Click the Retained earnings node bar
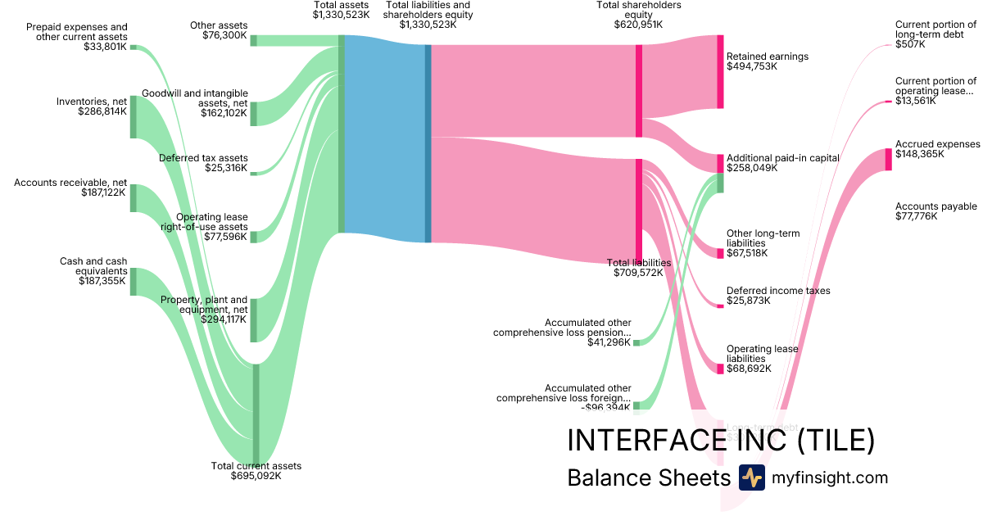(x=720, y=71)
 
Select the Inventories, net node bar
(x=133, y=116)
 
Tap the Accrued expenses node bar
(x=888, y=159)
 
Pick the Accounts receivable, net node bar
(x=133, y=198)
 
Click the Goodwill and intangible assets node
(x=253, y=114)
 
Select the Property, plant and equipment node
(x=253, y=319)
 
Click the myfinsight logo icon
(x=751, y=478)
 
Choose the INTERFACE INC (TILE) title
(x=721, y=441)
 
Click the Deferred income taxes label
(x=777, y=291)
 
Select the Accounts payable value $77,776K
(x=916, y=216)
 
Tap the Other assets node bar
(x=253, y=40)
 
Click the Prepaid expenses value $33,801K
(x=105, y=48)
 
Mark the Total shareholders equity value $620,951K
(x=638, y=25)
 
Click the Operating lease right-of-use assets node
(x=253, y=237)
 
